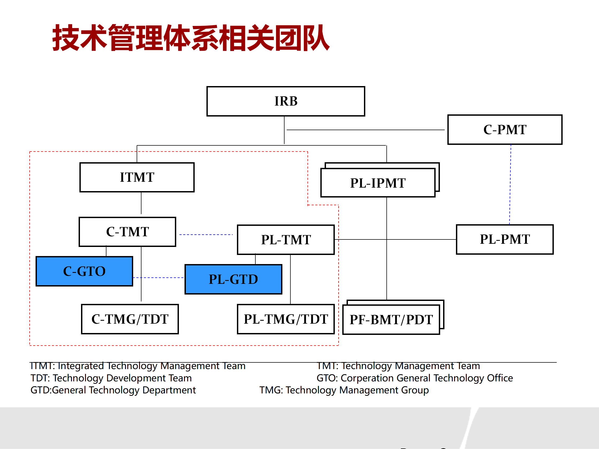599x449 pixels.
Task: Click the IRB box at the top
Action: [286, 101]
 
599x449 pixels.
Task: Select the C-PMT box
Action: [505, 130]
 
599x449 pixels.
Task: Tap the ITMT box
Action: [137, 177]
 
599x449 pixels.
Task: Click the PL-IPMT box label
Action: [378, 183]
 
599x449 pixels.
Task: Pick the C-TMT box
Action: [127, 232]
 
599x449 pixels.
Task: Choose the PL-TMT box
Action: [286, 240]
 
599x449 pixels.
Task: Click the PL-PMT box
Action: [505, 239]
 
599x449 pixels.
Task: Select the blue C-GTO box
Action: [84, 271]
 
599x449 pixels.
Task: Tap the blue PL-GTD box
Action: [233, 279]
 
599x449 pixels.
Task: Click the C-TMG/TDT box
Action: [130, 319]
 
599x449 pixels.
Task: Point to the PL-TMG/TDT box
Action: [286, 319]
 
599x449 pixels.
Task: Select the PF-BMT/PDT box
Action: [391, 320]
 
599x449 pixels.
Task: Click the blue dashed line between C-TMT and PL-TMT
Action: [206, 235]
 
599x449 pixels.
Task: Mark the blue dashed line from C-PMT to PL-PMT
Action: [510, 184]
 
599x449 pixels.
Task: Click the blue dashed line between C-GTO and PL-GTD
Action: [158, 278]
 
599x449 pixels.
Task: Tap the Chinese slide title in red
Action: [191, 38]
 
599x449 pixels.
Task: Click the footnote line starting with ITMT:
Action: [137, 366]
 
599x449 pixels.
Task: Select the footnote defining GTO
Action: [414, 378]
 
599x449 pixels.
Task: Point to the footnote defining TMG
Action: [344, 390]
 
